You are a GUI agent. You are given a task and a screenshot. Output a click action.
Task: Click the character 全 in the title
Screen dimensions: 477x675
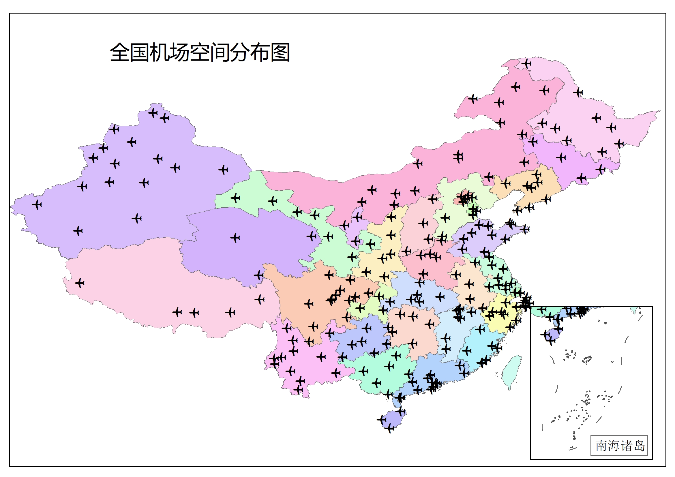[x=120, y=52]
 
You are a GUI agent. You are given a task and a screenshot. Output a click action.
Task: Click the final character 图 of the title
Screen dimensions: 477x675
[x=280, y=52]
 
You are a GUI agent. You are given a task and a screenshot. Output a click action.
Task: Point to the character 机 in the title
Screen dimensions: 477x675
[x=159, y=52]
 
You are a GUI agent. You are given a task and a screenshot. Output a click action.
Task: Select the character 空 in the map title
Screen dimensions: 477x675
[x=200, y=52]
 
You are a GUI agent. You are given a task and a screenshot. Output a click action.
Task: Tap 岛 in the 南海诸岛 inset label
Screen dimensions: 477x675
[x=640, y=446]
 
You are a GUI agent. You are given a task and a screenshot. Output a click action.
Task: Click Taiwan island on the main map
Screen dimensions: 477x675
[x=511, y=372]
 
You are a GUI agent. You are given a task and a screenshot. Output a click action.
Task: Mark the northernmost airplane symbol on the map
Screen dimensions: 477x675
[x=526, y=63]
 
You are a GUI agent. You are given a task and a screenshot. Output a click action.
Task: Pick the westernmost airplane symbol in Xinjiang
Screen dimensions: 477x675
[x=37, y=204]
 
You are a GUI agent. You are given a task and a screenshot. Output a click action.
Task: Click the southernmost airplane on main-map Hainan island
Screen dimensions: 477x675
[x=389, y=428]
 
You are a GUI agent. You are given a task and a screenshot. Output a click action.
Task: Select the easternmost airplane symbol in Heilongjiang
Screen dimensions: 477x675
[x=619, y=143]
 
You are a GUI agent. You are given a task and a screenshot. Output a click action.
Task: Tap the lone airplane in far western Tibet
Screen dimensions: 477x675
[x=80, y=283]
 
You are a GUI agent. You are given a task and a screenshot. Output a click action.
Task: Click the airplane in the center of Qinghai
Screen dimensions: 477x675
[x=235, y=237]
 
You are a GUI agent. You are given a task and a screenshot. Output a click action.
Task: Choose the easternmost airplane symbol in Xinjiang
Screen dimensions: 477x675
[x=224, y=170]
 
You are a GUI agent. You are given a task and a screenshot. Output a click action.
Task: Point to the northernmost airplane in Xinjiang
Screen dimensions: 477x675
[x=153, y=112]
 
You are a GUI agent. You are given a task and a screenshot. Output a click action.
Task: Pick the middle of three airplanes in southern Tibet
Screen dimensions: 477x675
[x=194, y=313]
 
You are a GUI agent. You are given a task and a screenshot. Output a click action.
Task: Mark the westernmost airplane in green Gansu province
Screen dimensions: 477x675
[x=235, y=198]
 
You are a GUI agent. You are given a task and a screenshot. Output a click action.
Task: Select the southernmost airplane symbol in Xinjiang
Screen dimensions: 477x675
[x=78, y=231]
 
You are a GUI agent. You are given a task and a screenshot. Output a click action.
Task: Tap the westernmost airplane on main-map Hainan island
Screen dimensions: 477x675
[x=382, y=419]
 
